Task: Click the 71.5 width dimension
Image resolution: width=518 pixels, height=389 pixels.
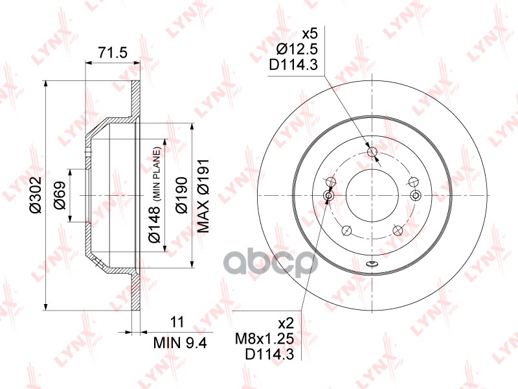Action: (x=112, y=53)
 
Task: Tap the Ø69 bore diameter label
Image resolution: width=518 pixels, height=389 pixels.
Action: (x=60, y=195)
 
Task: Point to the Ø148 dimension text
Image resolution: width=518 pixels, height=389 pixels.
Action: (x=154, y=224)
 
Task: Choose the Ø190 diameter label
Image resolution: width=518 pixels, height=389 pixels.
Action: (x=181, y=195)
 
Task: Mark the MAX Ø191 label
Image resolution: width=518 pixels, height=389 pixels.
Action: (x=203, y=195)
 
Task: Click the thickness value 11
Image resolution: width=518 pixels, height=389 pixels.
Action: (x=177, y=322)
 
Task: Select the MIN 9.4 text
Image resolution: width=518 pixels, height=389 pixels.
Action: (x=180, y=343)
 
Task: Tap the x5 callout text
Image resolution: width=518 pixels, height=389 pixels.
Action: (x=310, y=34)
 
